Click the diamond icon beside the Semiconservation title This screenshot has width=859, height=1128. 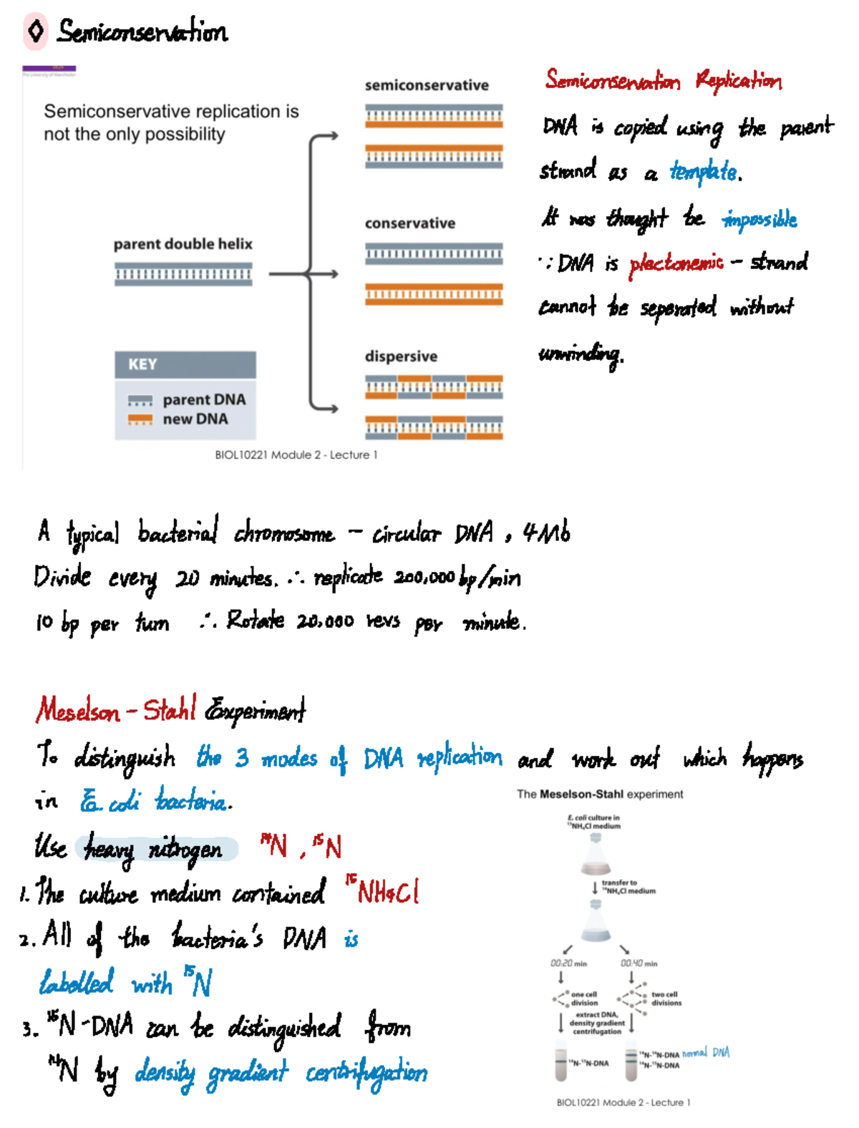(x=35, y=31)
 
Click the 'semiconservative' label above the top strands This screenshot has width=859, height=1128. (x=427, y=85)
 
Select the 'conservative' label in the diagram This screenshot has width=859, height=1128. (x=409, y=223)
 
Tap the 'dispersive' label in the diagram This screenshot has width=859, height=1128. (x=401, y=356)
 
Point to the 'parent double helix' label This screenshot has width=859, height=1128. (x=183, y=244)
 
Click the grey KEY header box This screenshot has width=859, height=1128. (x=185, y=364)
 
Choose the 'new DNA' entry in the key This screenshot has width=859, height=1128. (x=195, y=419)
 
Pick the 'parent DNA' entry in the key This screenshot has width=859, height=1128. (x=203, y=399)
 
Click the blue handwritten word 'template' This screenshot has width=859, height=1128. (x=704, y=172)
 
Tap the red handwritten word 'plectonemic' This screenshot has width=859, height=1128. (x=676, y=263)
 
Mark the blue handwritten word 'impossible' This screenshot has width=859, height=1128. (x=759, y=219)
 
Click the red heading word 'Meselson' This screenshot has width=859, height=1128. (x=78, y=711)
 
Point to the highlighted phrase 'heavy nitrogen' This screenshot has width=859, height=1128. (x=153, y=850)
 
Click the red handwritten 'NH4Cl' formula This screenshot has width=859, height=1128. (x=383, y=892)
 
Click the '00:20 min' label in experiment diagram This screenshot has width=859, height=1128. (x=568, y=963)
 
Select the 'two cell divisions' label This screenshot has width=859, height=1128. (x=666, y=998)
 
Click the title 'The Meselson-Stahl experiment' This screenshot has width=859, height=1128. (x=600, y=794)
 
